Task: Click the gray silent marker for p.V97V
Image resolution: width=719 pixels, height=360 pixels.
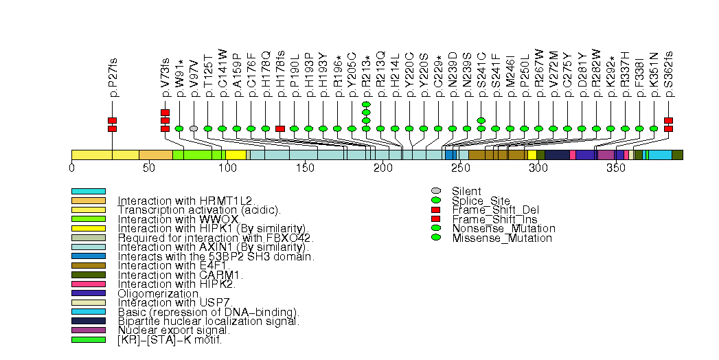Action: (194, 128)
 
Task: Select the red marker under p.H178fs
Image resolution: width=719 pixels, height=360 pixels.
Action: (279, 128)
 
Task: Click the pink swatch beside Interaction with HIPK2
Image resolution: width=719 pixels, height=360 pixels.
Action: (88, 283)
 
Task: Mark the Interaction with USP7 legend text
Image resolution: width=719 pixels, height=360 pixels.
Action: (176, 302)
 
